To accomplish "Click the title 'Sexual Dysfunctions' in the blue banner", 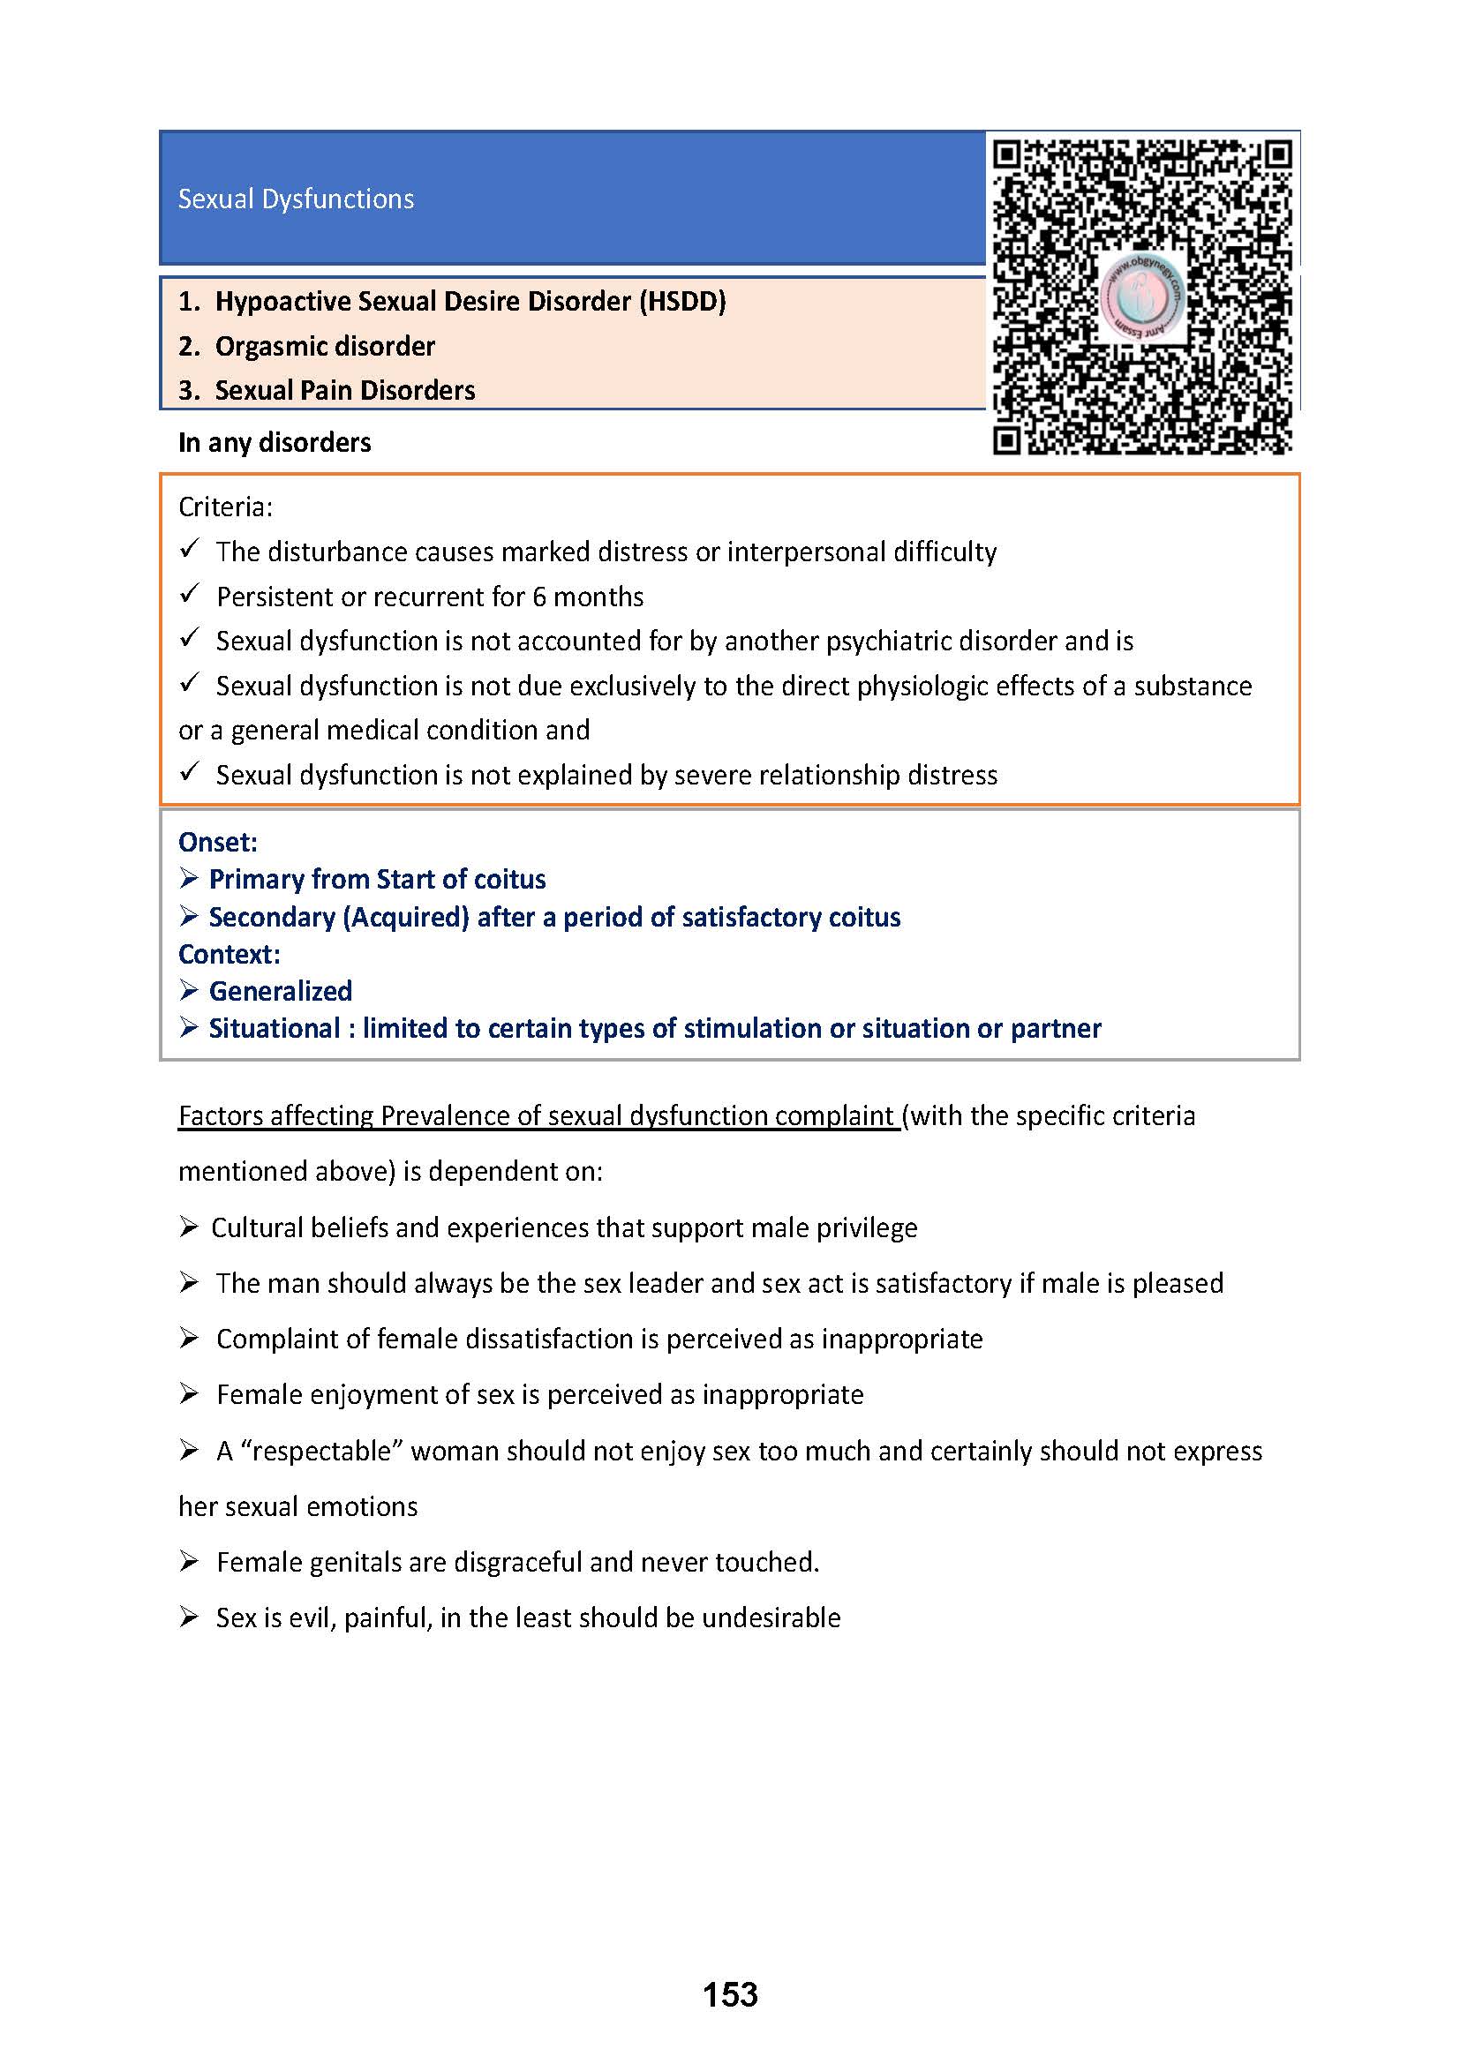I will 296,199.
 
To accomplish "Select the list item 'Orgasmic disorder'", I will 325,346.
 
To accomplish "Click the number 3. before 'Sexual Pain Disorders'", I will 189,390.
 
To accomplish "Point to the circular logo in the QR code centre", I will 1140,296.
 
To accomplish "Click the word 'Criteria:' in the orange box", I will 225,507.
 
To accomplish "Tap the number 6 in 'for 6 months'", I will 538,597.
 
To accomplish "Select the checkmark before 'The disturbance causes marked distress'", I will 189,548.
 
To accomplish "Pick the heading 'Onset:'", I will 217,843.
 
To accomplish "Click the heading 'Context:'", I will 230,954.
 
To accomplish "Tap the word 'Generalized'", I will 281,991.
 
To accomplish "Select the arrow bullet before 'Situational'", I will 188,1026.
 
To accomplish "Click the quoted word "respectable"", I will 321,1451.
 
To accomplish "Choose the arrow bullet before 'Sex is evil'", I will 188,1617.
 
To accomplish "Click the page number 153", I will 730,1995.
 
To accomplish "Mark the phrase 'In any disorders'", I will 275,442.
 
